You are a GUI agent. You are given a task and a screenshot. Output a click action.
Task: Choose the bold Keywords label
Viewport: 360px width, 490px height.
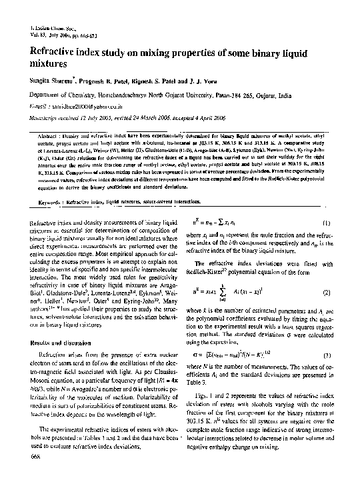pyautogui.click(x=52, y=200)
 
